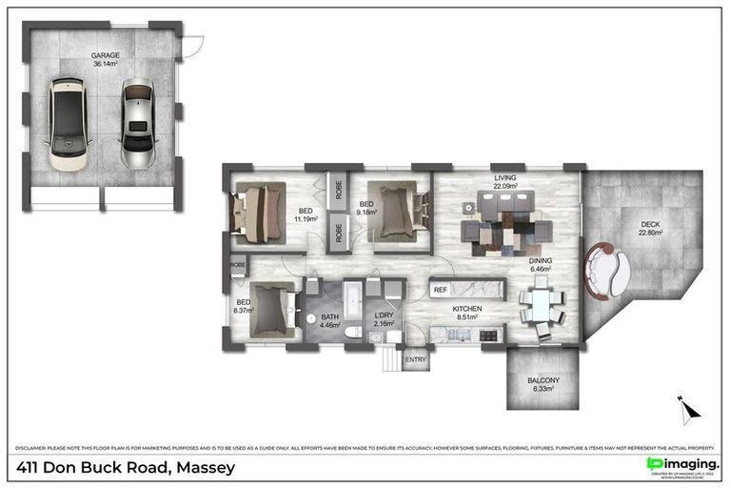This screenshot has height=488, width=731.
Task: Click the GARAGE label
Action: (105, 55)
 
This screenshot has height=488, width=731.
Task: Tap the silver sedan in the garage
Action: (137, 122)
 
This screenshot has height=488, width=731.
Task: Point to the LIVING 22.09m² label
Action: (504, 181)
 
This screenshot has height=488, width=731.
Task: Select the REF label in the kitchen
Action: (441, 289)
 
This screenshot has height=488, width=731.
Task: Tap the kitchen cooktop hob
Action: (489, 334)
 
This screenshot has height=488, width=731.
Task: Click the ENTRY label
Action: (416, 359)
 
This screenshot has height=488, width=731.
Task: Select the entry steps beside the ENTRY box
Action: (391, 360)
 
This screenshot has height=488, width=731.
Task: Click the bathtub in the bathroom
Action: (351, 301)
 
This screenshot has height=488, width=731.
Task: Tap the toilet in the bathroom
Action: (354, 333)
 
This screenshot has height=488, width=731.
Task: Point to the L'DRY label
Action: (384, 315)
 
